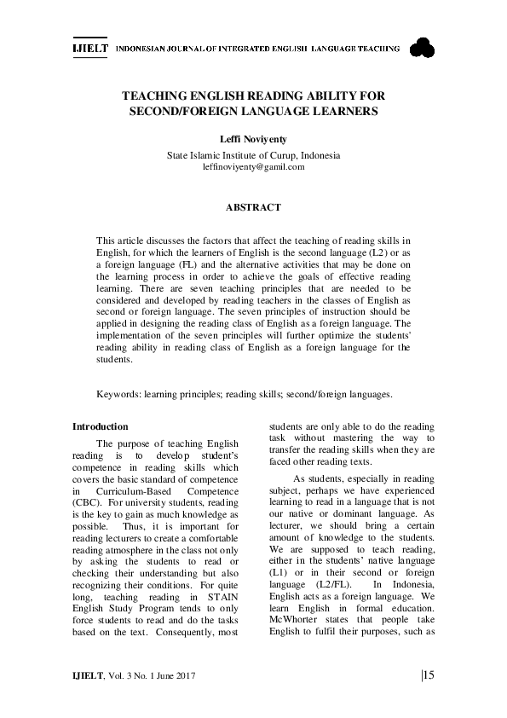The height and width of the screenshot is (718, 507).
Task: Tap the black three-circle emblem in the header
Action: click(x=422, y=49)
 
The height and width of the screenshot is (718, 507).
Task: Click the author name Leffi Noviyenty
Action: click(x=253, y=138)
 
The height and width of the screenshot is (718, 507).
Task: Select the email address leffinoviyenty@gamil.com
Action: click(x=253, y=167)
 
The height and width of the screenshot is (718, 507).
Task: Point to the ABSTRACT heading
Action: click(x=253, y=207)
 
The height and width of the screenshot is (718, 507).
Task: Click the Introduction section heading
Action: click(x=101, y=426)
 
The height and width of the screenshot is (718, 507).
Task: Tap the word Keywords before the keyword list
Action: click(x=118, y=395)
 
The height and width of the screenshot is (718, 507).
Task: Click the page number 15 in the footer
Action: click(x=428, y=676)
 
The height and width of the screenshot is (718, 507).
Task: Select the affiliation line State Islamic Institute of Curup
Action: click(x=253, y=155)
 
